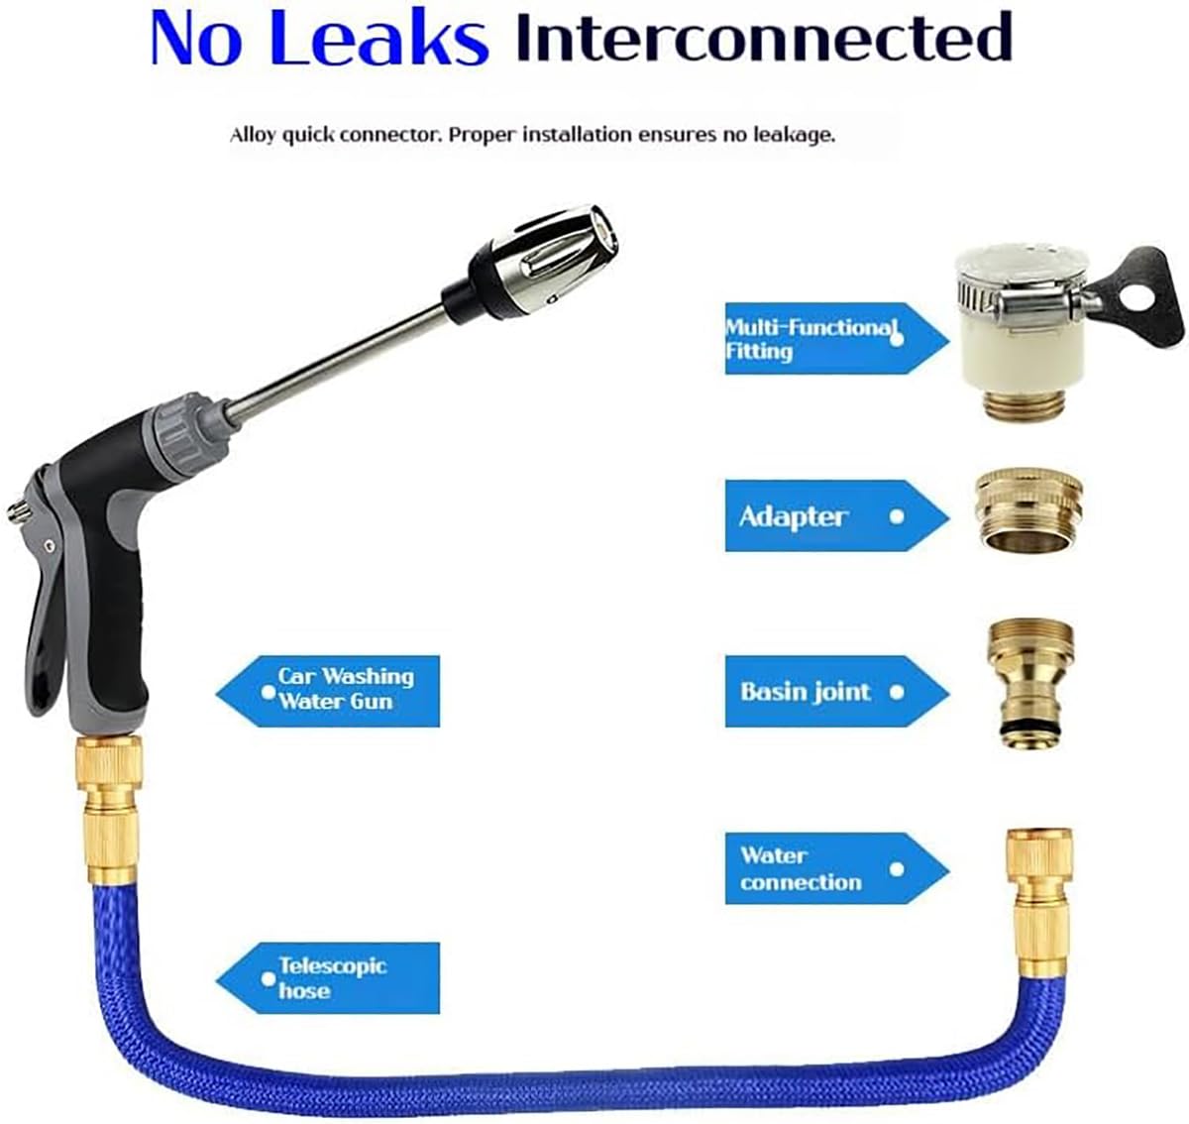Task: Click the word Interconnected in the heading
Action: click(x=764, y=37)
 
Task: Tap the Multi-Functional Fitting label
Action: click(x=837, y=339)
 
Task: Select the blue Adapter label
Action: click(x=837, y=515)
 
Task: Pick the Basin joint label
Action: click(x=837, y=692)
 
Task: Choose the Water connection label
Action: click(x=837, y=868)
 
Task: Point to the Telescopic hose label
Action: click(x=328, y=978)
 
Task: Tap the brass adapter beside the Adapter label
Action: click(x=1029, y=509)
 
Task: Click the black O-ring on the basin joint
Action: click(x=1027, y=727)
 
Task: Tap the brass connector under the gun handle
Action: click(x=108, y=810)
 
